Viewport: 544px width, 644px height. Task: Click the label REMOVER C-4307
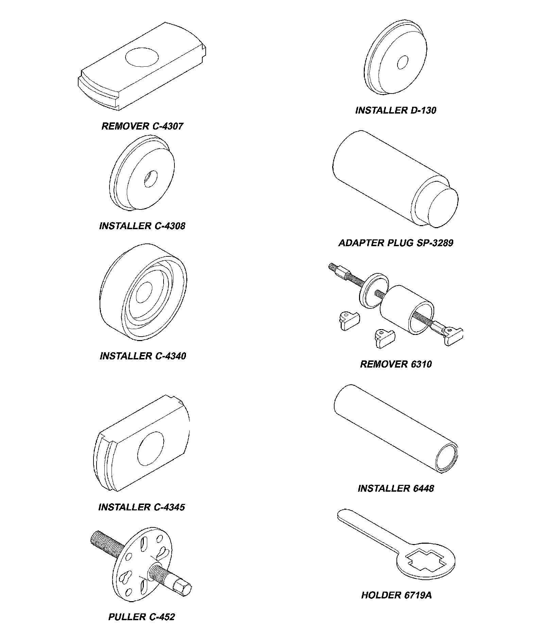(142, 126)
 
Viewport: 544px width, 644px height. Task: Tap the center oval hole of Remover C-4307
(142, 57)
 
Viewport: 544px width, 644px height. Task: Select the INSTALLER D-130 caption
(395, 110)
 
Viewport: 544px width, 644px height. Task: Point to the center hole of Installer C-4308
(150, 179)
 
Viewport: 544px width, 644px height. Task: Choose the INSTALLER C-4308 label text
(142, 226)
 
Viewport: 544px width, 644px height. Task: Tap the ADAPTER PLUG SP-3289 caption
(396, 243)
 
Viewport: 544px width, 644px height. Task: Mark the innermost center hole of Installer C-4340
(144, 292)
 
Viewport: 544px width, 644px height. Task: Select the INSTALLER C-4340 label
(143, 356)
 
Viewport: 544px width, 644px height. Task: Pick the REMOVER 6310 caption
(396, 364)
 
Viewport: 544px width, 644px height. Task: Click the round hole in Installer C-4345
(150, 449)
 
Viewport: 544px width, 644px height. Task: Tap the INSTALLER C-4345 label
(141, 507)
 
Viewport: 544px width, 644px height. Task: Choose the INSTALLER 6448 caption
(396, 488)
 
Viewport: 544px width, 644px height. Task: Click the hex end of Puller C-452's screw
(183, 588)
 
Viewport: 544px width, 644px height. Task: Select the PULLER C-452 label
(141, 617)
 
